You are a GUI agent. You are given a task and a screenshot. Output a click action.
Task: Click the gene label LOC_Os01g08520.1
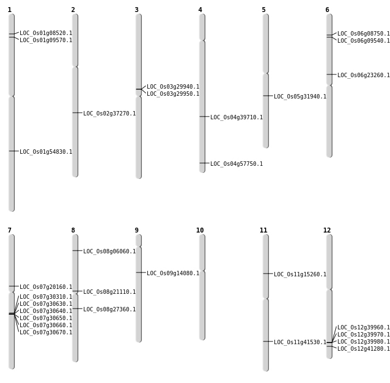point(45,33)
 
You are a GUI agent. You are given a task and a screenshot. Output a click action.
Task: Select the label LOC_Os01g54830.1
point(45,152)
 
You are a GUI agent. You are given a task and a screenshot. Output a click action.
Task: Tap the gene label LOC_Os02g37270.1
point(109,114)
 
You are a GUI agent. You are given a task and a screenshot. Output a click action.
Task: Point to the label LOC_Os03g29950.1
point(173,94)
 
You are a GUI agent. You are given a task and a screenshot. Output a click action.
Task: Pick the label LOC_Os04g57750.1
point(236,164)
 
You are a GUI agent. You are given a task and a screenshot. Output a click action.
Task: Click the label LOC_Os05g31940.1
point(300,97)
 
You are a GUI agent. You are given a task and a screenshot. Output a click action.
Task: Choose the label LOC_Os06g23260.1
point(363,76)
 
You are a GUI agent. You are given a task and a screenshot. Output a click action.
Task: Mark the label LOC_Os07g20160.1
point(45,287)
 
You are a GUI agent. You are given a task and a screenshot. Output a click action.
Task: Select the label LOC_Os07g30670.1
point(45,333)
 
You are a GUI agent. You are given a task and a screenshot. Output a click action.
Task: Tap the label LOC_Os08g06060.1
point(109,252)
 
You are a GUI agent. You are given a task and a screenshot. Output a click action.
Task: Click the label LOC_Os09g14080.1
point(173,274)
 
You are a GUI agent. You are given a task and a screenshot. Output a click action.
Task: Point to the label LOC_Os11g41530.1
point(300,343)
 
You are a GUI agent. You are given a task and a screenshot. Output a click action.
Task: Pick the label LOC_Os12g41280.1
point(363,349)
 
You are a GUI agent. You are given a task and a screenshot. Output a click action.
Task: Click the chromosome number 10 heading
point(200,230)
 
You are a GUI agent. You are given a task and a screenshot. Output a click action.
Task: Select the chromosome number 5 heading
point(263,10)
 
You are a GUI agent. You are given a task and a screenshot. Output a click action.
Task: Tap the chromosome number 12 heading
point(327,230)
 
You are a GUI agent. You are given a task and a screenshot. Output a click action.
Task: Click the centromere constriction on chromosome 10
point(202,271)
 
